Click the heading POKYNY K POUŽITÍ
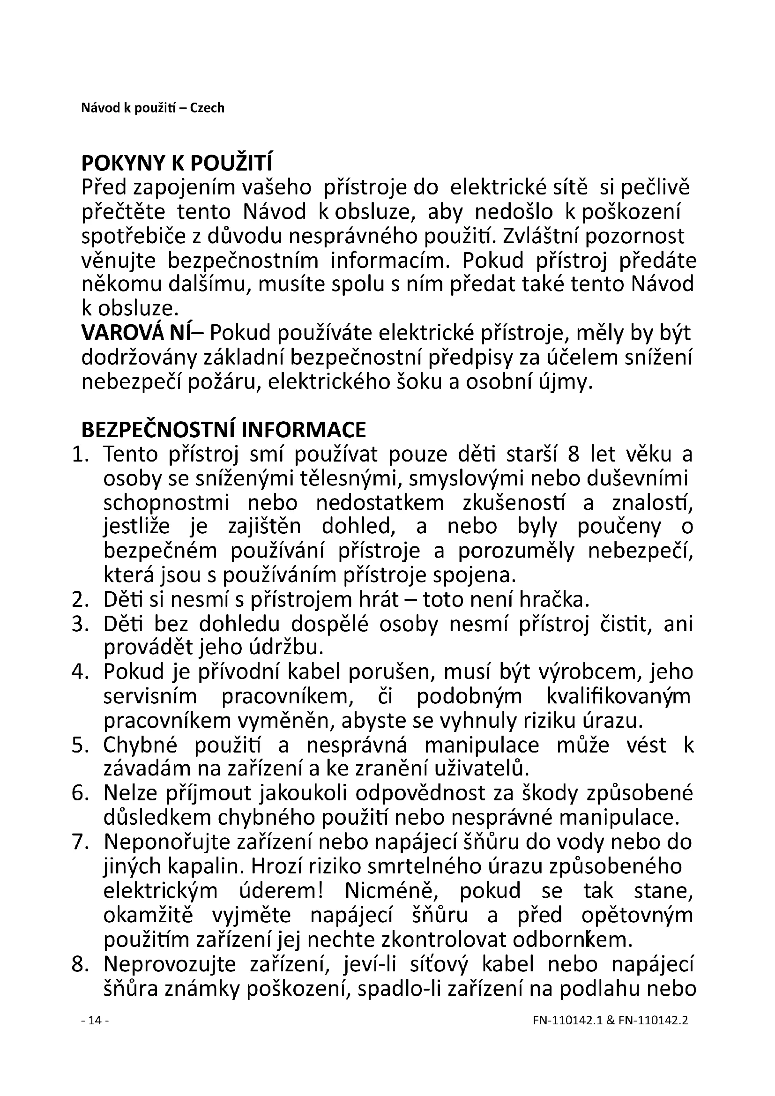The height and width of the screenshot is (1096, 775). point(177,164)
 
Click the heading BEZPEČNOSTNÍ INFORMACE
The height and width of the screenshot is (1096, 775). point(224,430)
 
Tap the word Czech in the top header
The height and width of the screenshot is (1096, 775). point(207,108)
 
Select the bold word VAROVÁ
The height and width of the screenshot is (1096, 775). point(122,333)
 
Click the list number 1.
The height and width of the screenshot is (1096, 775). point(81,455)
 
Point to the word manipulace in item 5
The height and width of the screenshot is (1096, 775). point(482,745)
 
